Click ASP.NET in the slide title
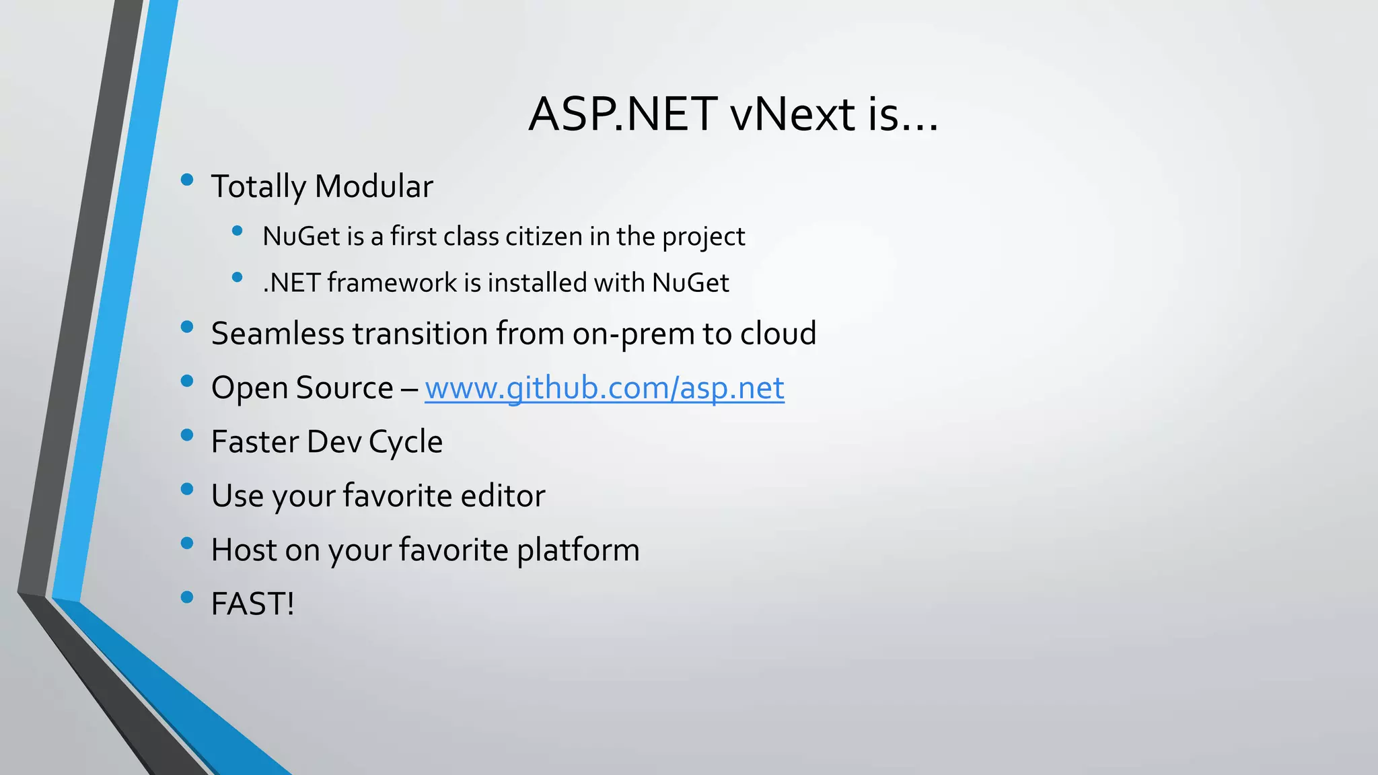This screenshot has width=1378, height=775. click(622, 114)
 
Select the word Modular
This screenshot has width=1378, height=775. click(373, 186)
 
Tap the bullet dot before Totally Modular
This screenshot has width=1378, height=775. click(187, 180)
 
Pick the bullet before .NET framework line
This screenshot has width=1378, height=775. click(237, 276)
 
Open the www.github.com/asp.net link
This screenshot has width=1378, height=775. click(604, 388)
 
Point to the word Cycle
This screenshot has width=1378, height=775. click(406, 443)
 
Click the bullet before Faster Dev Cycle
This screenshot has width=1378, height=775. click(187, 435)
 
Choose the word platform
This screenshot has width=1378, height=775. click(578, 550)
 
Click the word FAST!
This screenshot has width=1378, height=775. click(252, 603)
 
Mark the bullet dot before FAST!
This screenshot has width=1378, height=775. click(187, 597)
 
